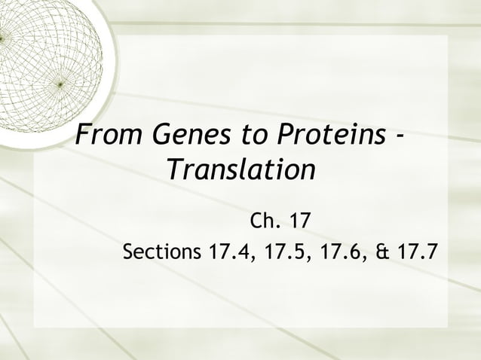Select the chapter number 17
[x=296, y=222]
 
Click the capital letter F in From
[x=84, y=136]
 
